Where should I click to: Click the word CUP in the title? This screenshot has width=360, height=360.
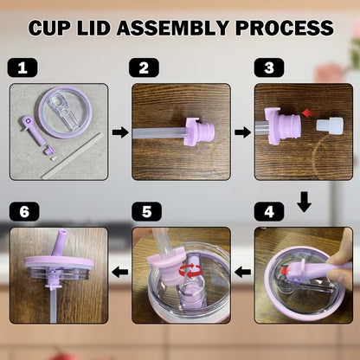click(x=49, y=28)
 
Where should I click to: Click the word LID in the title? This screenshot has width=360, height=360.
click(x=94, y=28)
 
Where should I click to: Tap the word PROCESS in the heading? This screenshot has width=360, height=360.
click(x=285, y=28)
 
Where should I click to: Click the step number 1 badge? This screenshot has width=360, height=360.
click(x=22, y=67)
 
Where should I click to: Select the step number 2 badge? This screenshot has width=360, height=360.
click(x=144, y=67)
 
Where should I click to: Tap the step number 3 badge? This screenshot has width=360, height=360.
click(x=269, y=67)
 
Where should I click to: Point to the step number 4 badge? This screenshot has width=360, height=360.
click(x=269, y=212)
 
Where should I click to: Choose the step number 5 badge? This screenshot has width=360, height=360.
click(x=146, y=212)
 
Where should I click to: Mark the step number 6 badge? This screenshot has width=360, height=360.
click(x=24, y=212)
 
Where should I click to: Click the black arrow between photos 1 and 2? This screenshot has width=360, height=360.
click(x=120, y=132)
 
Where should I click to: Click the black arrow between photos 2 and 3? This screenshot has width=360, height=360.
click(x=242, y=132)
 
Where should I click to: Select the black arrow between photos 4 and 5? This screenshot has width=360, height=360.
click(x=242, y=272)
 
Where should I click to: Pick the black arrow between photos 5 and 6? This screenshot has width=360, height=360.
click(x=120, y=272)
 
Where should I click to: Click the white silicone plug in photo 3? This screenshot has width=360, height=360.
click(x=330, y=126)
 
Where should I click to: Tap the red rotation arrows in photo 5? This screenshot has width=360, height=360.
click(x=190, y=271)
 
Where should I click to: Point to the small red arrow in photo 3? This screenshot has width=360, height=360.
click(x=307, y=112)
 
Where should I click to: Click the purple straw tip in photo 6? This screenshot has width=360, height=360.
click(x=61, y=243)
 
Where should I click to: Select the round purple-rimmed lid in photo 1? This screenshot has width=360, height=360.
click(x=64, y=112)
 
